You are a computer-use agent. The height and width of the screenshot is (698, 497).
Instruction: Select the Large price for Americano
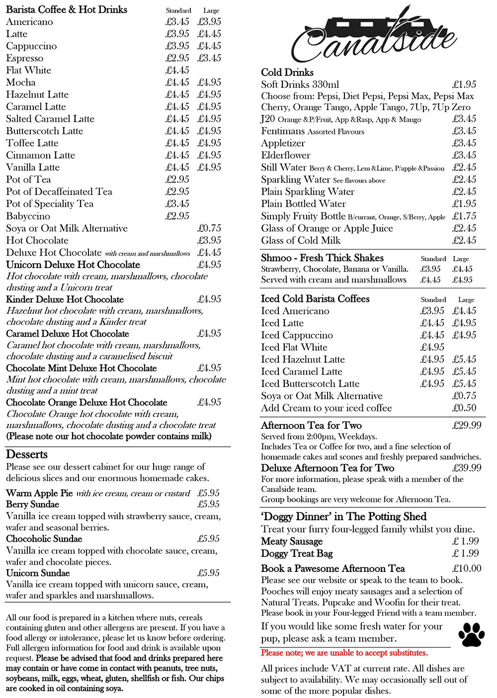[209, 22]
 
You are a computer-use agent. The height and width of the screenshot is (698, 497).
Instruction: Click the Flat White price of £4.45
[177, 70]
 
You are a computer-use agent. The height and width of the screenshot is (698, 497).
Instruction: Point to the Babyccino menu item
[28, 216]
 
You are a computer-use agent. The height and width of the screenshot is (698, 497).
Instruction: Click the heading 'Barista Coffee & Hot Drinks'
[67, 9]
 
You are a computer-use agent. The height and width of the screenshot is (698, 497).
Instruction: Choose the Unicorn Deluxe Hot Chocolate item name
[73, 265]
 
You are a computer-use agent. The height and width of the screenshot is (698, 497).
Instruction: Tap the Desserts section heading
[27, 455]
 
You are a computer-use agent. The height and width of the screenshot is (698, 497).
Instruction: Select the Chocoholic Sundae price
[208, 539]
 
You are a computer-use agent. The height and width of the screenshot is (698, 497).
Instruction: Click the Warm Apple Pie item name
[39, 493]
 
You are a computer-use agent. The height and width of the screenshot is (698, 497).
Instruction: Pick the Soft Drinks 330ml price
[464, 84]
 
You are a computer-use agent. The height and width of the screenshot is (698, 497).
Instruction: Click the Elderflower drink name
[286, 155]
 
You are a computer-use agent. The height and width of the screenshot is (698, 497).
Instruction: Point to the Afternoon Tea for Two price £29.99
[467, 425]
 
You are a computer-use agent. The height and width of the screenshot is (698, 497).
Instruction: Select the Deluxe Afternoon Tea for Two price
[467, 468]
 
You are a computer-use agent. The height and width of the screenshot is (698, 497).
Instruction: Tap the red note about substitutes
[344, 653]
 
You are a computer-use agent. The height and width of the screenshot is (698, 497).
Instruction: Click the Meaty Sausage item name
[292, 542]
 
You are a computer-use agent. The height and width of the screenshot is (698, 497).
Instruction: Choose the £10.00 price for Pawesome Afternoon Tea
[467, 568]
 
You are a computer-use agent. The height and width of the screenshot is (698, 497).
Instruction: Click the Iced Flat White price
[432, 348]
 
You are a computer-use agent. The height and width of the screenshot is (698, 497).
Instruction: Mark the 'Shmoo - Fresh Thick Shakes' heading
[322, 258]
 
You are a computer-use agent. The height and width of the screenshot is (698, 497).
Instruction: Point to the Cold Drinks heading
[287, 72]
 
